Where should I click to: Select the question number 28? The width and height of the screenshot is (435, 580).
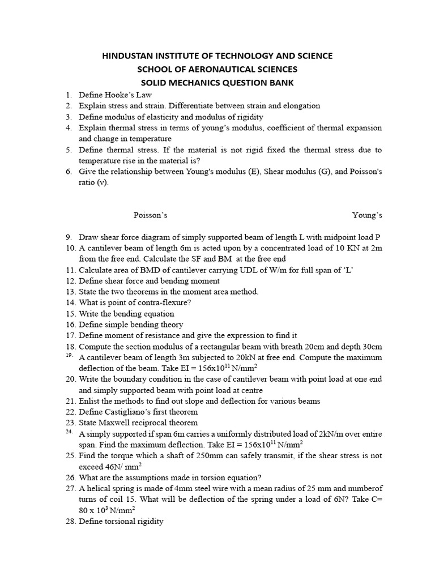tap(70, 521)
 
